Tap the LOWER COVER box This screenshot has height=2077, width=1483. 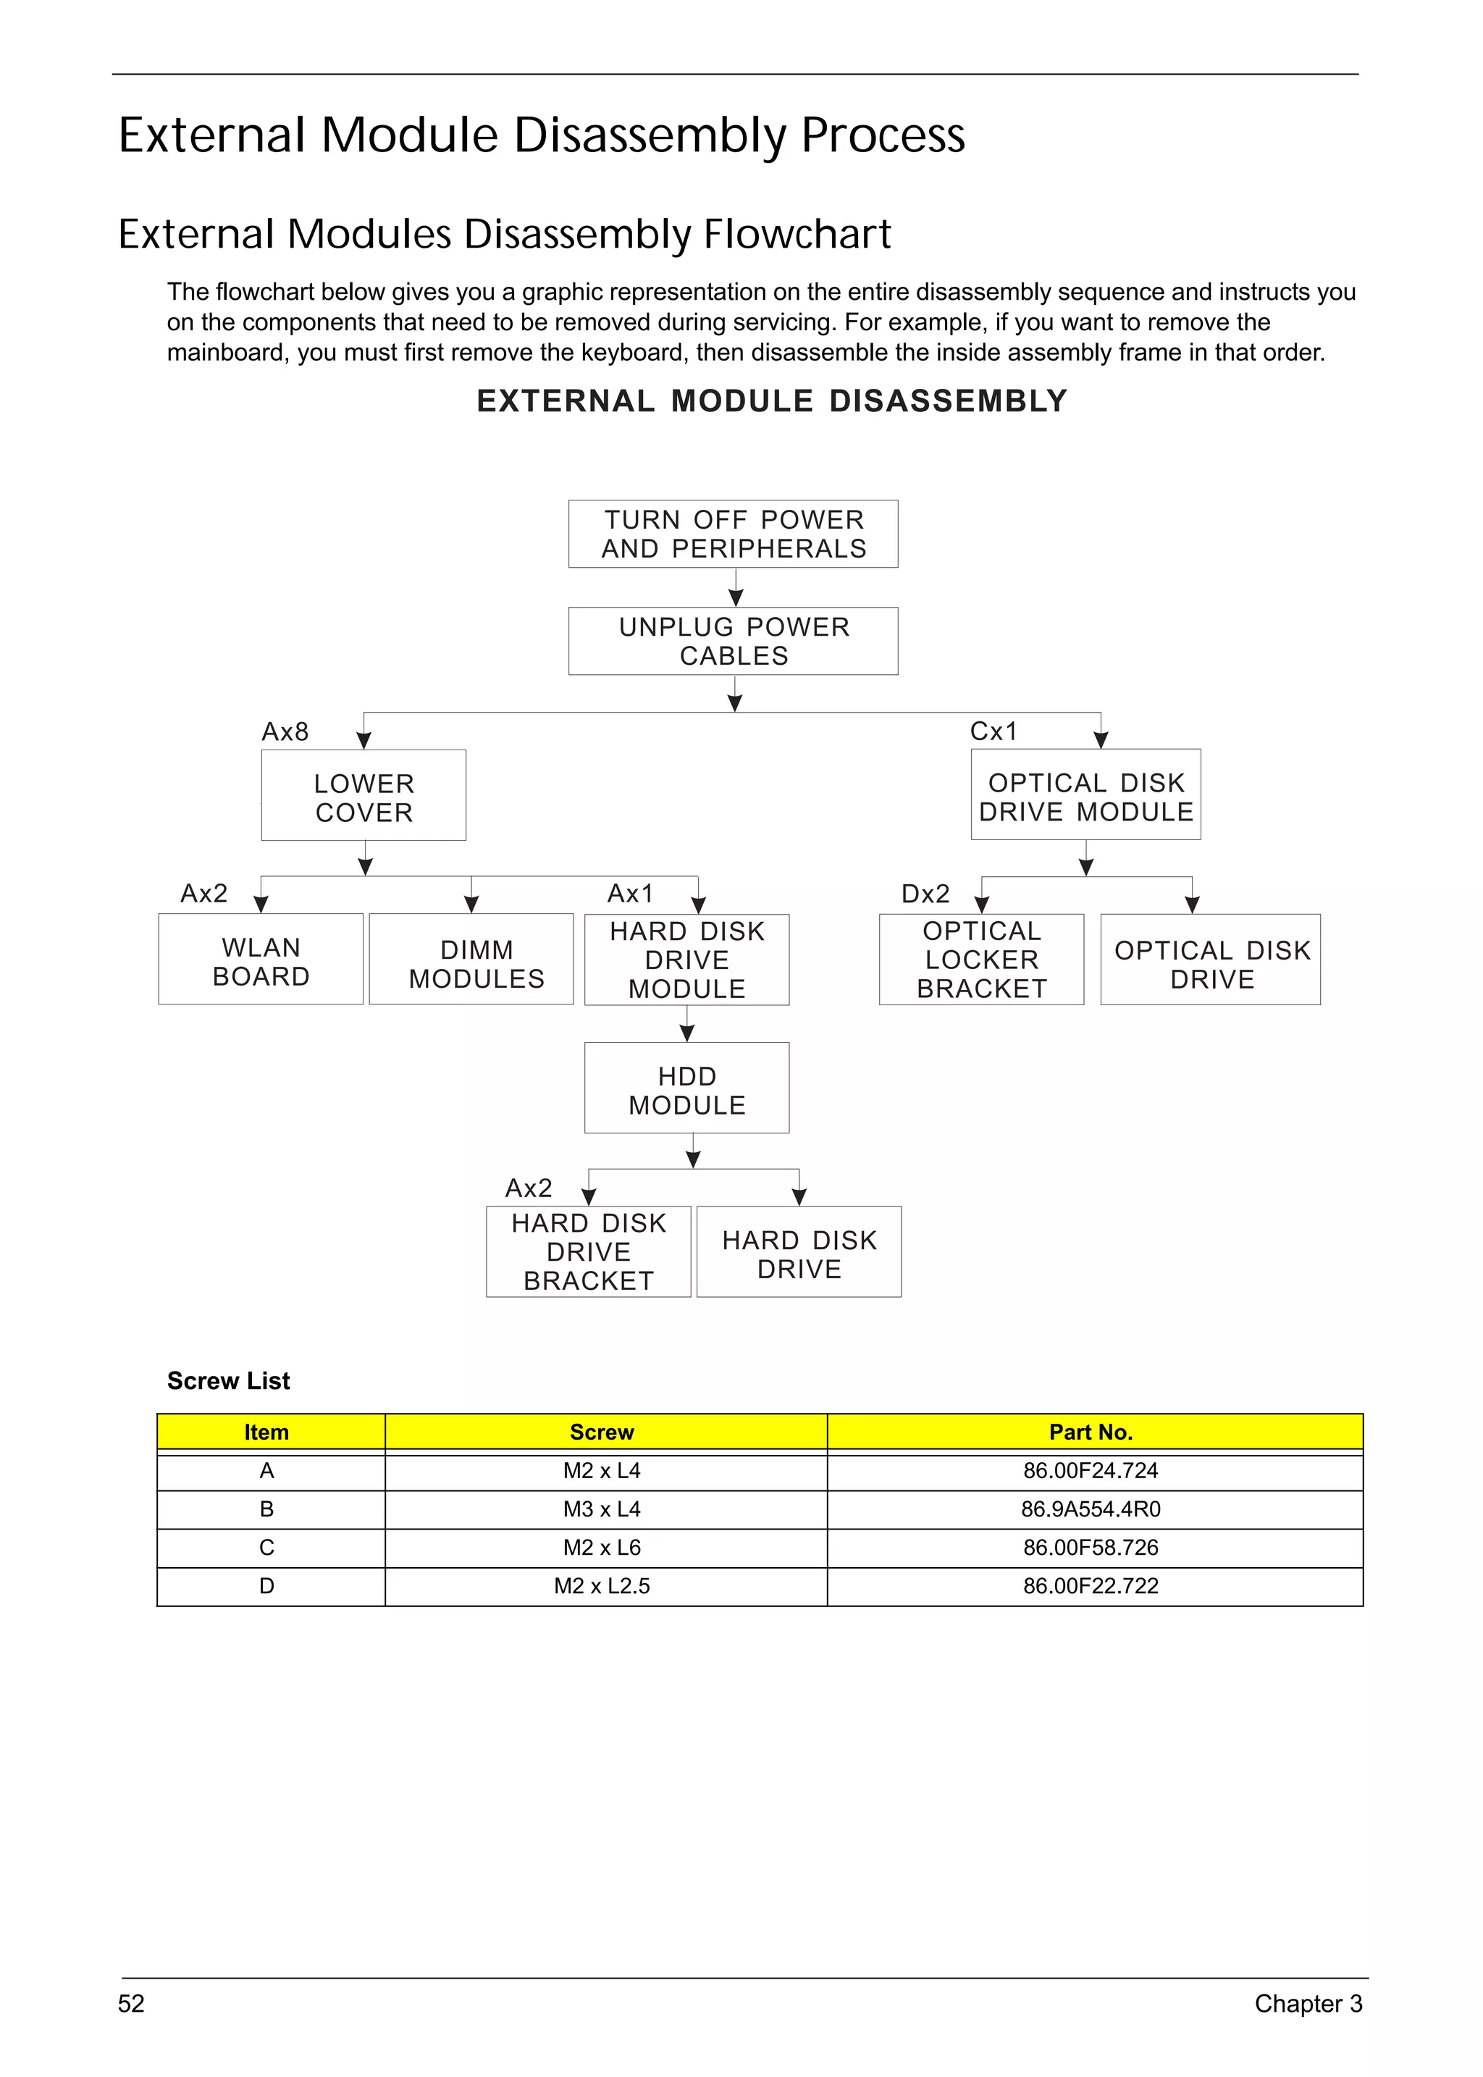(364, 797)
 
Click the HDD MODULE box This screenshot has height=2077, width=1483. (686, 1088)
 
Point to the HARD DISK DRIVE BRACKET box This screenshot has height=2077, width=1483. (588, 1252)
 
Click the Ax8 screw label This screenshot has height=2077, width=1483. (285, 731)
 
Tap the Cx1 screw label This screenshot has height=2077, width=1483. (993, 731)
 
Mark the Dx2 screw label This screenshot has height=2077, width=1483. (925, 893)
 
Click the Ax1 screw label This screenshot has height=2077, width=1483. (630, 892)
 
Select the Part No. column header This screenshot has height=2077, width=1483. (1091, 1432)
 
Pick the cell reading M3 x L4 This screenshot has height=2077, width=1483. (602, 1509)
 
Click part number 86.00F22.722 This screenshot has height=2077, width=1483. (1091, 1585)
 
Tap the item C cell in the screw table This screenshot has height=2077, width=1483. (266, 1547)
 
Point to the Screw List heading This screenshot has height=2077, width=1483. (228, 1381)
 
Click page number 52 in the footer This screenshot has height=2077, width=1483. (132, 2004)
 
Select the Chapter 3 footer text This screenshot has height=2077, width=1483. (1308, 2004)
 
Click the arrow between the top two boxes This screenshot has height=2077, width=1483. (735, 588)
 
